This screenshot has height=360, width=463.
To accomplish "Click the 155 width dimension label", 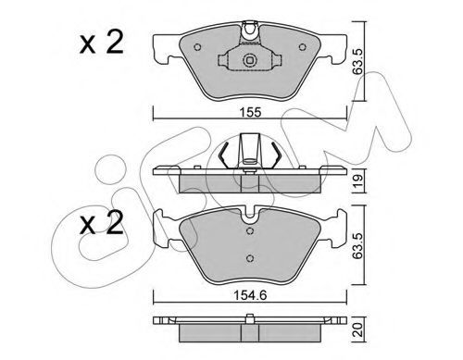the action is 252,112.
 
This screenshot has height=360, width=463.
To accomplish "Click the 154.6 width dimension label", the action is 250,295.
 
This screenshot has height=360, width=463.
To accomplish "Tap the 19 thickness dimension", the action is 358,180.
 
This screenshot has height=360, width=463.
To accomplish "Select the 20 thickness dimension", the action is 358,329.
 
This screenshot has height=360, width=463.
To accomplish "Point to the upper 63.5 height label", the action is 358,61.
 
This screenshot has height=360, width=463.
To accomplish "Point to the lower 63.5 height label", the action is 358,245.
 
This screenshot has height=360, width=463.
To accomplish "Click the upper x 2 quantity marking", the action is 102,43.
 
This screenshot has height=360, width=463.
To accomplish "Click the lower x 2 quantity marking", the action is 102,223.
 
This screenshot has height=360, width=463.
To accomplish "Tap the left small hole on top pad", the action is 197,47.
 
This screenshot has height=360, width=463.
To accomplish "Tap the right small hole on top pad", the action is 303,47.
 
